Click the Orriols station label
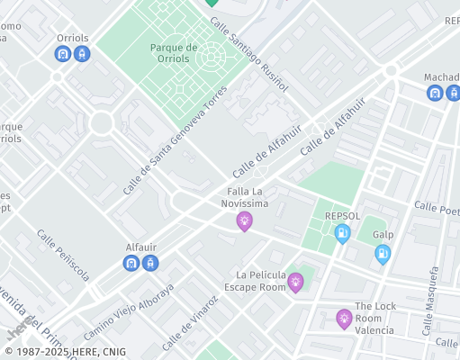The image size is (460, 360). click(x=73, y=39)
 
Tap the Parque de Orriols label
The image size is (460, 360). click(x=174, y=52)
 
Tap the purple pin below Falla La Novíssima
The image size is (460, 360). click(x=244, y=220)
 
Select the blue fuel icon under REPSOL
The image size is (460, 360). click(x=342, y=234)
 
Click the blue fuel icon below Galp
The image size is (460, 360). click(x=383, y=254)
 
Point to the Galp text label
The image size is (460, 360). click(x=383, y=234)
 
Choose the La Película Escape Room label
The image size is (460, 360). click(x=260, y=280)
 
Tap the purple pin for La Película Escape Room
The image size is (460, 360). click(x=295, y=283)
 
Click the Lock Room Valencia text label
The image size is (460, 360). click(x=375, y=318)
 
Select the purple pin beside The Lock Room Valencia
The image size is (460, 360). click(x=344, y=318)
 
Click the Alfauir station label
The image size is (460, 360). click(x=142, y=247)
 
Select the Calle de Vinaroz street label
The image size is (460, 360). click(x=190, y=324)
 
